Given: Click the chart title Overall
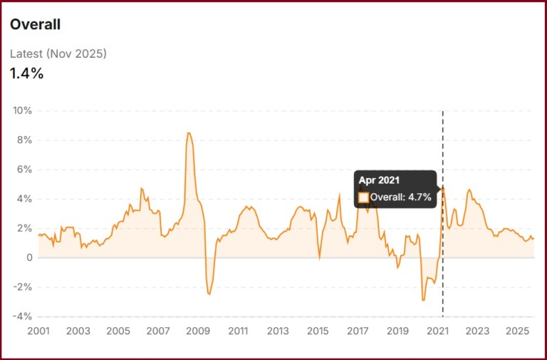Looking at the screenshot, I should coord(35,24).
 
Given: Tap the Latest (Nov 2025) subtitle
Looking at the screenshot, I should coord(58,53).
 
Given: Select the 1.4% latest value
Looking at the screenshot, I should coord(26,73).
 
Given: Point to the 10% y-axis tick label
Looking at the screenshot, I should coord(22,111).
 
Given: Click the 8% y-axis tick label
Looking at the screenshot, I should coord(25,140).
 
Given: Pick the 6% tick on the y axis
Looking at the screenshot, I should coord(25,170).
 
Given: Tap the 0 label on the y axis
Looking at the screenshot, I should coord(28,257).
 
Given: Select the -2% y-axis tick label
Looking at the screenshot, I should coord(23,287).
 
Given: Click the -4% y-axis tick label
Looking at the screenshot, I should coord(23,317).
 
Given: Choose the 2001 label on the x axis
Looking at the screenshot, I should coord(38,331).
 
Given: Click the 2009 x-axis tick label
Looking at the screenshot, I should coord(198,331).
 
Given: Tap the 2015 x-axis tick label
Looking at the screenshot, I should coord(318,331).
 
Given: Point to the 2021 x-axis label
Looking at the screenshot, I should coord(437,331).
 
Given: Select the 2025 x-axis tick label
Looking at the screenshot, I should coord(517,331).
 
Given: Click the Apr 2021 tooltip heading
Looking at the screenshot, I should coord(378,181).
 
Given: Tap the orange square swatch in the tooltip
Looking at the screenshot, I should coord(363,197).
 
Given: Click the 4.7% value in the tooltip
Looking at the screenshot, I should coord(420,197).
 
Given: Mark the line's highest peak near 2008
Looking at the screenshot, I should coord(188,133).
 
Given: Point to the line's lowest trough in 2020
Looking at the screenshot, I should coord(423,300).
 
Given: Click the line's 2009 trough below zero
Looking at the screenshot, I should coord(209,294).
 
